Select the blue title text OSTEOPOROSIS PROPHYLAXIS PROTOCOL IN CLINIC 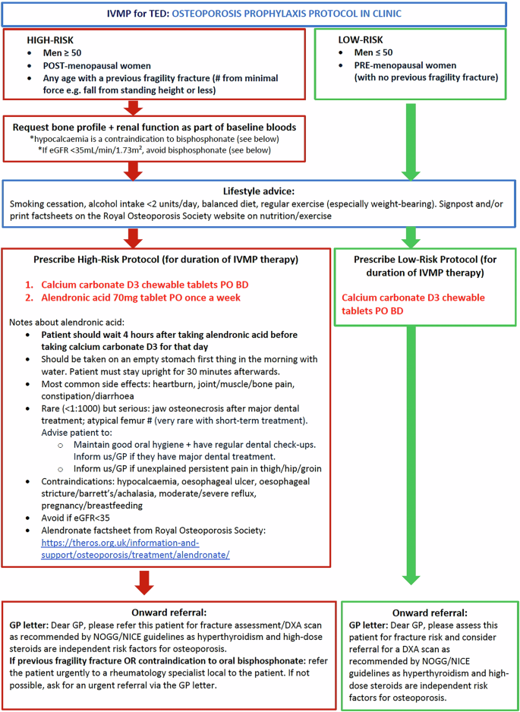coord(314,13)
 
